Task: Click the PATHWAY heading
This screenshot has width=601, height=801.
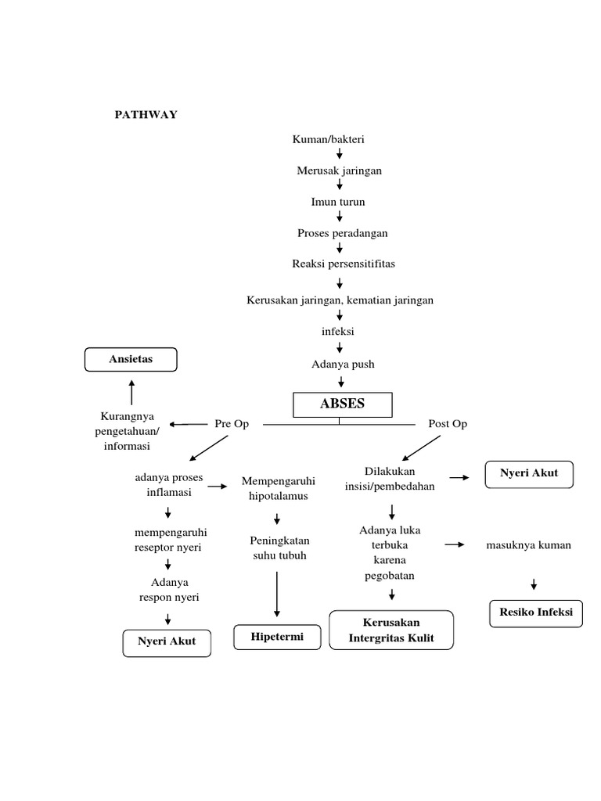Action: (x=146, y=115)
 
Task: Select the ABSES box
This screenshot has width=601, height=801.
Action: (x=342, y=404)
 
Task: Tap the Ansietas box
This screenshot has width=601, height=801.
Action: (x=131, y=360)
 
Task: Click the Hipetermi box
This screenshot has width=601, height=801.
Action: (x=278, y=638)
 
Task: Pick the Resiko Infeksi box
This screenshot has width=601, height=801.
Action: (x=537, y=612)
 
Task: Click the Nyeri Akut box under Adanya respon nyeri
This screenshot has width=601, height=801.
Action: (x=167, y=642)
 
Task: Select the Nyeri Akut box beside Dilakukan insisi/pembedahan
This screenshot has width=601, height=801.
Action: (x=529, y=474)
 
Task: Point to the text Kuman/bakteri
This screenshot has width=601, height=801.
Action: (x=329, y=139)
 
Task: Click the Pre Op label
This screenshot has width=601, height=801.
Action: (x=232, y=423)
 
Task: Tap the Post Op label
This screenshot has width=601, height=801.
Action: (x=448, y=423)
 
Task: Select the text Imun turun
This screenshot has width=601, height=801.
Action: (x=338, y=202)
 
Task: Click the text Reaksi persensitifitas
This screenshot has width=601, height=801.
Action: (x=344, y=264)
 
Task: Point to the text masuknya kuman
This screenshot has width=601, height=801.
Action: (x=528, y=545)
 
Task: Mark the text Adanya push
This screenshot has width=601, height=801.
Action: (x=343, y=364)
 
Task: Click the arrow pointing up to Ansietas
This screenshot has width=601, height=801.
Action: (x=131, y=391)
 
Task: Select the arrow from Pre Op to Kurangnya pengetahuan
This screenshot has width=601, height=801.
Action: (x=188, y=424)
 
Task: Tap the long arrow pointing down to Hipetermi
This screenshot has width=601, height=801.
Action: (x=277, y=594)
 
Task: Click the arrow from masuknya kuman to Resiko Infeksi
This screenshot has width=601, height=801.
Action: (x=534, y=584)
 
